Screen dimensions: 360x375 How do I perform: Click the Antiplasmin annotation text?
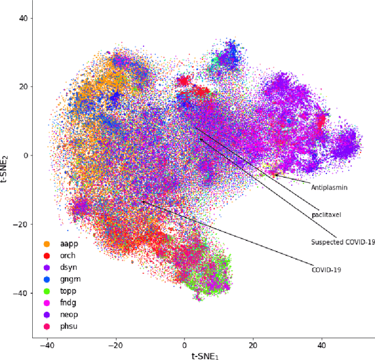[x=329, y=188]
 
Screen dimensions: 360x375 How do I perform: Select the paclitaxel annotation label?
[x=326, y=215]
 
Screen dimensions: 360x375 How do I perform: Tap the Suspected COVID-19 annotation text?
[x=342, y=242]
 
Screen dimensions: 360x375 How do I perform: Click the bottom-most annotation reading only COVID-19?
[x=326, y=270]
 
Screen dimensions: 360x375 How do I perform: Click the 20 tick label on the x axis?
[x=253, y=345]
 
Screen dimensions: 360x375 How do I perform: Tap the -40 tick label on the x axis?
[x=47, y=345]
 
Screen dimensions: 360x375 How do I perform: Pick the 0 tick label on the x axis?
[x=185, y=345]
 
